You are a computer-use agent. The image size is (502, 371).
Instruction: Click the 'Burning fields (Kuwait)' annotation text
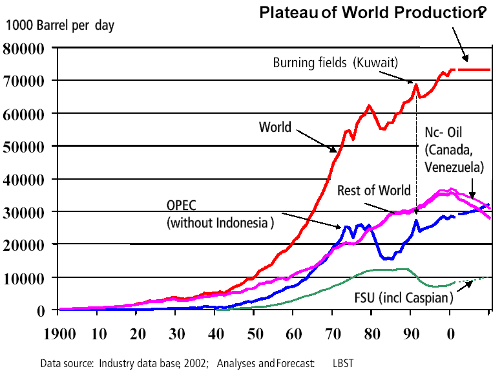335,63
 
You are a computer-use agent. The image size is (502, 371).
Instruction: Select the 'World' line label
275,127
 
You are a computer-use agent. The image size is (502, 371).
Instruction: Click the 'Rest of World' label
373,190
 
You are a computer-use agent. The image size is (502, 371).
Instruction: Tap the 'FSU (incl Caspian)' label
404,299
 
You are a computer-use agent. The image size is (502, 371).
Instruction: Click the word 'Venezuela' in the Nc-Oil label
454,167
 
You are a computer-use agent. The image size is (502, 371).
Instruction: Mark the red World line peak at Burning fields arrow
416,84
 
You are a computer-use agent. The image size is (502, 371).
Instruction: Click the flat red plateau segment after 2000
474,69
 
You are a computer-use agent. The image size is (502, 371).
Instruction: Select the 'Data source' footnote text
123,363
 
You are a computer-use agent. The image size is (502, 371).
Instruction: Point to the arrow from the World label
317,140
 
